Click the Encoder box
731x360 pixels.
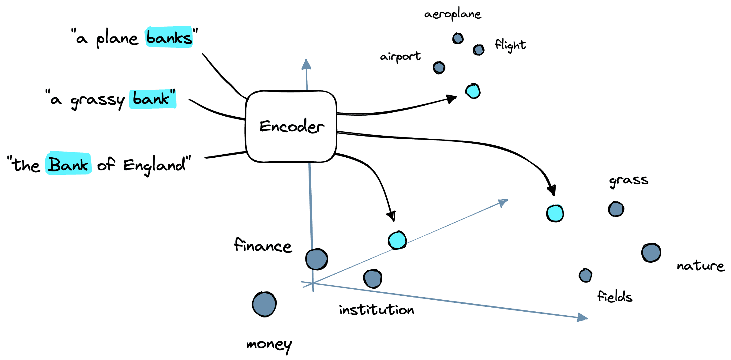291,126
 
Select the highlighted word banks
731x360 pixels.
169,37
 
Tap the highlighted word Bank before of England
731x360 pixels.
69,164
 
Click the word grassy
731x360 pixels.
97,100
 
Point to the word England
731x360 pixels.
155,165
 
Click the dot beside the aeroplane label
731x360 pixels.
458,39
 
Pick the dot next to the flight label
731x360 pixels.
478,50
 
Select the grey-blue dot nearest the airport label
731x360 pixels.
439,68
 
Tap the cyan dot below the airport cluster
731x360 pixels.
473,91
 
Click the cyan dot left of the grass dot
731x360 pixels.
555,213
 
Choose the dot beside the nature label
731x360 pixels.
651,253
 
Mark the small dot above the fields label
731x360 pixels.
585,276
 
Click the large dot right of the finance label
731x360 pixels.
317,259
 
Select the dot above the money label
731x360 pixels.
264,304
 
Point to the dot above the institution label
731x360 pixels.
373,279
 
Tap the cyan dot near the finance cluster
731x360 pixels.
397,240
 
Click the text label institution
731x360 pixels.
377,310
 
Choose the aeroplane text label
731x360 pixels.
452,14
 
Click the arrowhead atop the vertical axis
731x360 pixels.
306,64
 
